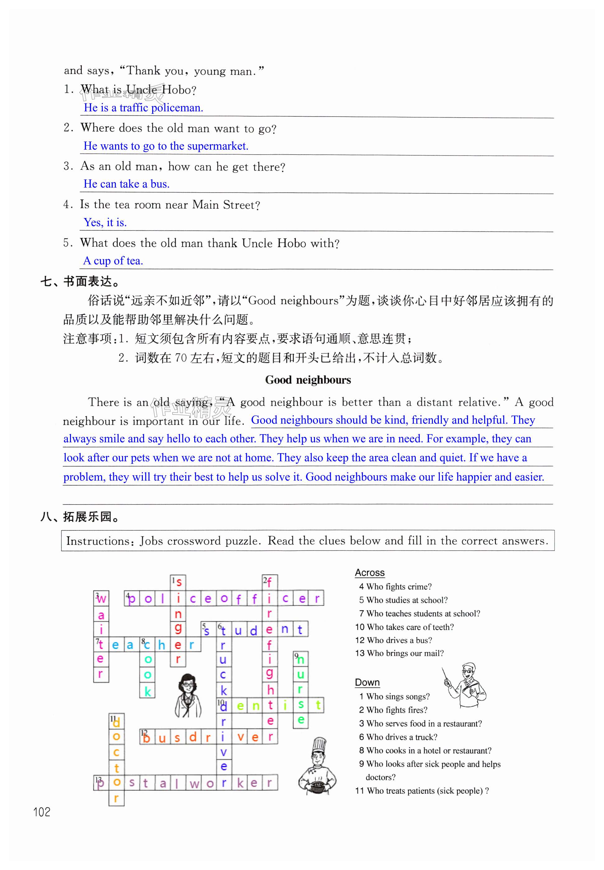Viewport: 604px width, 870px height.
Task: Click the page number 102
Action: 42,812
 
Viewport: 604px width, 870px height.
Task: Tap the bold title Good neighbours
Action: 308,380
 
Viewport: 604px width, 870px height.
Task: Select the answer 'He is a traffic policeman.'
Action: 143,108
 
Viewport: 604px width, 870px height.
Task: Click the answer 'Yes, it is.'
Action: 105,222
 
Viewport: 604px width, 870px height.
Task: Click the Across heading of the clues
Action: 369,573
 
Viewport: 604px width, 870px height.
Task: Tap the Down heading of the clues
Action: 367,682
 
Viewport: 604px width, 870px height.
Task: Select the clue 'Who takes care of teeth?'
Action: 410,627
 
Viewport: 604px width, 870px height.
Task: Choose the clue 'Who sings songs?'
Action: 398,696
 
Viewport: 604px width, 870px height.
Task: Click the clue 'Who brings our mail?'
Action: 405,653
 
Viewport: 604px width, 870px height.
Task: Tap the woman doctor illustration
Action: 188,695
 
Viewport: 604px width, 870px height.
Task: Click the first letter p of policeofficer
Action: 132,599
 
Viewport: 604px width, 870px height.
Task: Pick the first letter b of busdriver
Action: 147,737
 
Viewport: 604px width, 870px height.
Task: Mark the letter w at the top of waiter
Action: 101,599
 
